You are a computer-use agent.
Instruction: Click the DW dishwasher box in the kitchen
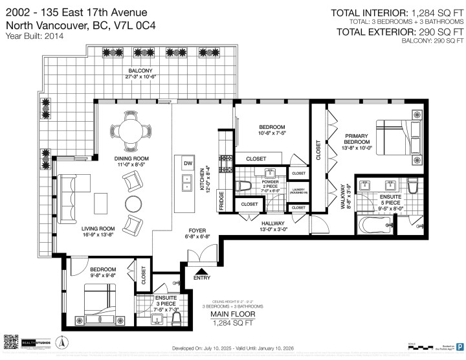point(188,163)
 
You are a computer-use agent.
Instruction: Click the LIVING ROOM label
point(98,228)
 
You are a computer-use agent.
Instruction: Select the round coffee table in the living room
point(133,203)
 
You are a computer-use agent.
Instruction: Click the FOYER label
point(197,230)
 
